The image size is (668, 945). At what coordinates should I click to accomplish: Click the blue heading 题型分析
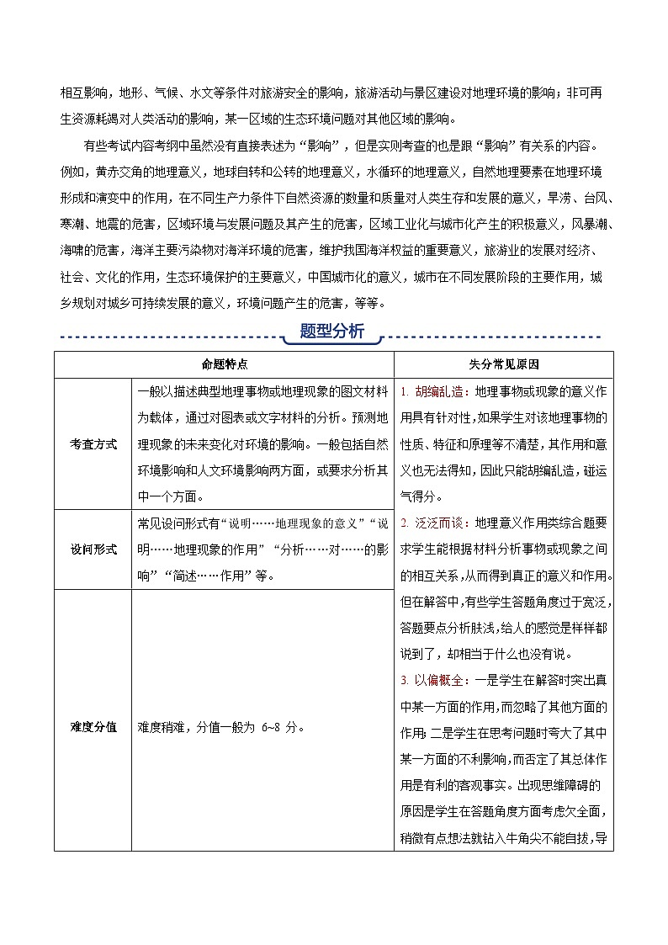pos(332,332)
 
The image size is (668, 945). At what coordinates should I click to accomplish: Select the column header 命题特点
pos(224,364)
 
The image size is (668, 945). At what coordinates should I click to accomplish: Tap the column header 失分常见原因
pos(503,364)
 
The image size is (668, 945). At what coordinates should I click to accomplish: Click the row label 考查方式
pos(93,443)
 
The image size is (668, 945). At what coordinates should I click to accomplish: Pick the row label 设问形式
pos(93,549)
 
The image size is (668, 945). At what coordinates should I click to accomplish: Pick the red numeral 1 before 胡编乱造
pos(404,391)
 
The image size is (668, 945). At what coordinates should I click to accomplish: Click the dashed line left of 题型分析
pos(168,338)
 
